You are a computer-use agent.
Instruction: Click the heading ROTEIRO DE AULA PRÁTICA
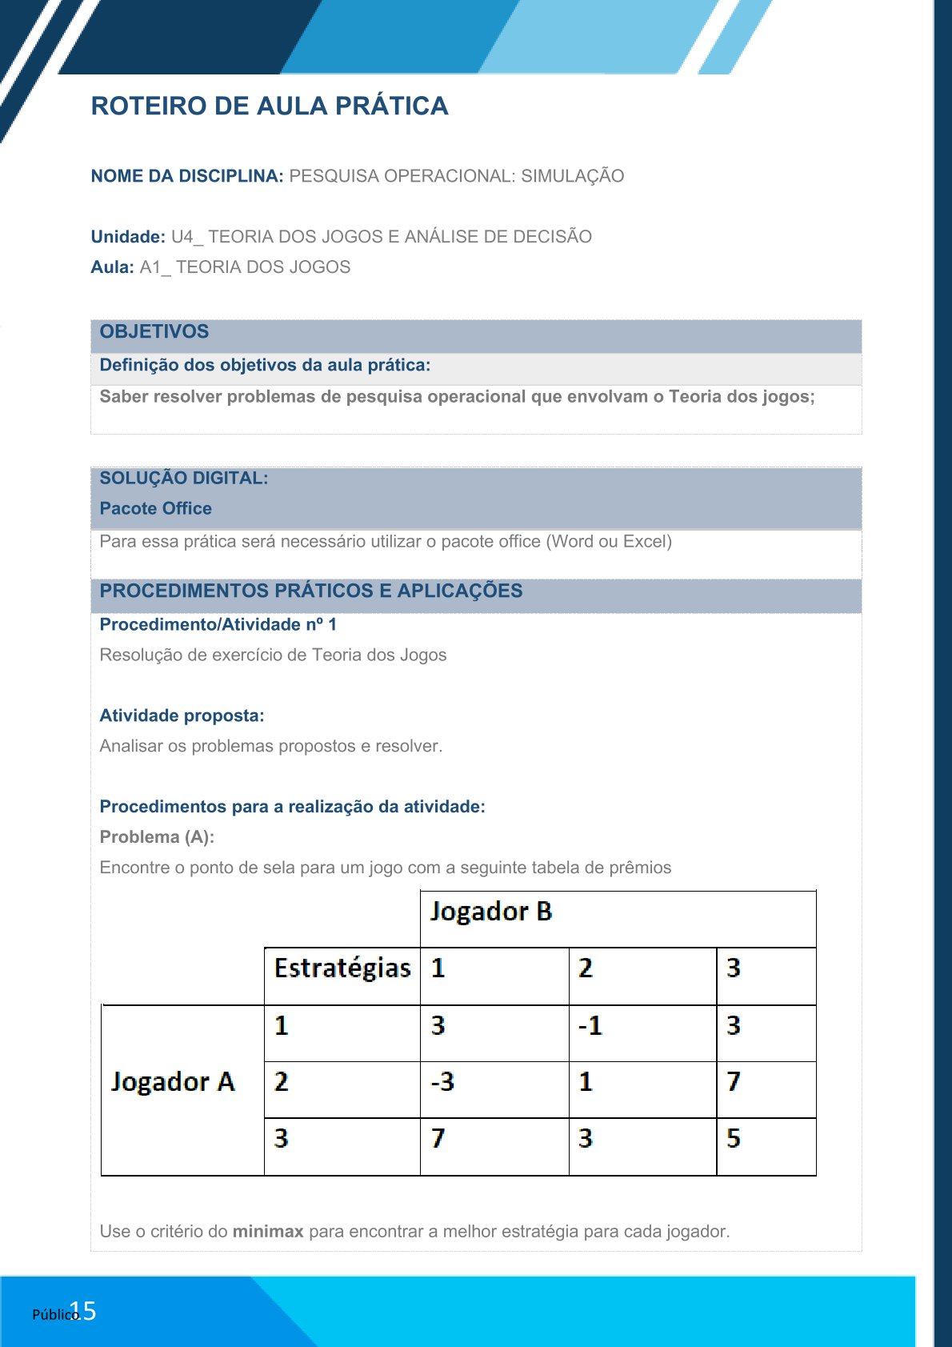(270, 106)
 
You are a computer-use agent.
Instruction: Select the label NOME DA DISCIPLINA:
(187, 176)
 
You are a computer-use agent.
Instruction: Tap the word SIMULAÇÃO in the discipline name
(572, 176)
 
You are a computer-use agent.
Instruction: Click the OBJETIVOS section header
(154, 332)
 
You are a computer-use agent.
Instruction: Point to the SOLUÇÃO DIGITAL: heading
(184, 479)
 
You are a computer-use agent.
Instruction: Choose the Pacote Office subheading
(156, 509)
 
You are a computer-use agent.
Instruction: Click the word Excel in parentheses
(644, 542)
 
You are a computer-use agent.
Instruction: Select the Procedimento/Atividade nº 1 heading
(218, 625)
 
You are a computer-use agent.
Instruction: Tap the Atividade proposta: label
(182, 716)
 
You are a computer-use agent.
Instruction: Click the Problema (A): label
(157, 837)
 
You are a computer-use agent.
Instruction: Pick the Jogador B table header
(491, 912)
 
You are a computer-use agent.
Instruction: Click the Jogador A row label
(173, 1082)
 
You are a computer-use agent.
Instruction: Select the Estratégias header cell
(342, 968)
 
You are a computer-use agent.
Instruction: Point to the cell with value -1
(590, 1026)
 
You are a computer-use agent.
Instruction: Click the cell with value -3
(442, 1082)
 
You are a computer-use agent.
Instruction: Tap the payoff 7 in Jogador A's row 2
(734, 1082)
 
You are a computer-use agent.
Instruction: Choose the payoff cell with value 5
(734, 1138)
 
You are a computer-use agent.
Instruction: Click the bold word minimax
(268, 1232)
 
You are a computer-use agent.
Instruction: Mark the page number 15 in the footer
(84, 1311)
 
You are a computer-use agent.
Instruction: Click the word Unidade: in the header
(128, 237)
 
